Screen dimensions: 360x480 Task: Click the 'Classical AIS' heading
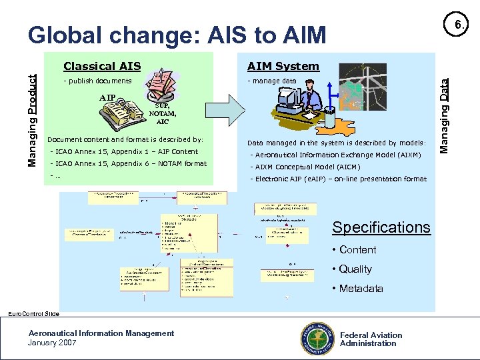click(x=101, y=66)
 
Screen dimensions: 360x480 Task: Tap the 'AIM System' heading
click(x=283, y=66)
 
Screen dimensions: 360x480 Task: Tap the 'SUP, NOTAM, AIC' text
click(x=163, y=114)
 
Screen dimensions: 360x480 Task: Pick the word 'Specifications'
click(x=381, y=227)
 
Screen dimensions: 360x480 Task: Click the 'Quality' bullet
click(x=355, y=269)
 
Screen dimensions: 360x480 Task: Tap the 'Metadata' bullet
click(x=361, y=289)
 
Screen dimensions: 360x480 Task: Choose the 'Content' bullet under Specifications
click(x=357, y=250)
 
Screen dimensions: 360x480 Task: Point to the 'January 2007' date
click(x=53, y=343)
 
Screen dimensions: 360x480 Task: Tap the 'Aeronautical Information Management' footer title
click(x=101, y=333)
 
